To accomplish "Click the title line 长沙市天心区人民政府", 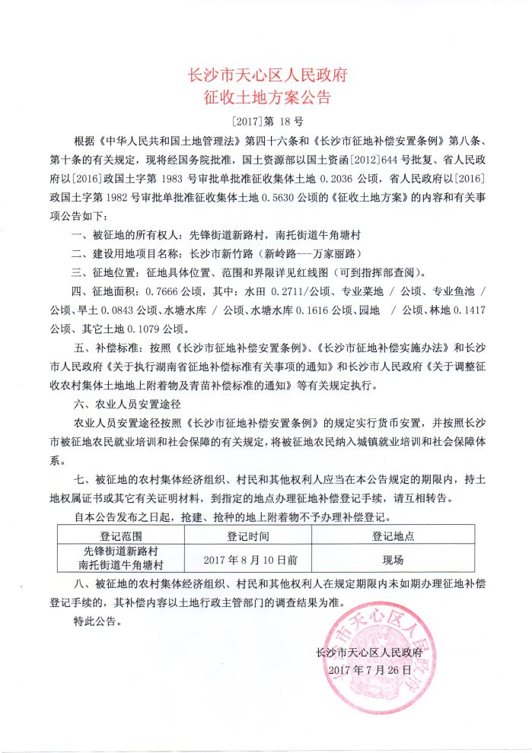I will (266, 75).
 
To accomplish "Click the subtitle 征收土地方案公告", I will (266, 98).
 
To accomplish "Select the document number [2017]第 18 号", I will (266, 122).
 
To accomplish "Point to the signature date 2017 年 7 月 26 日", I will (368, 671).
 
